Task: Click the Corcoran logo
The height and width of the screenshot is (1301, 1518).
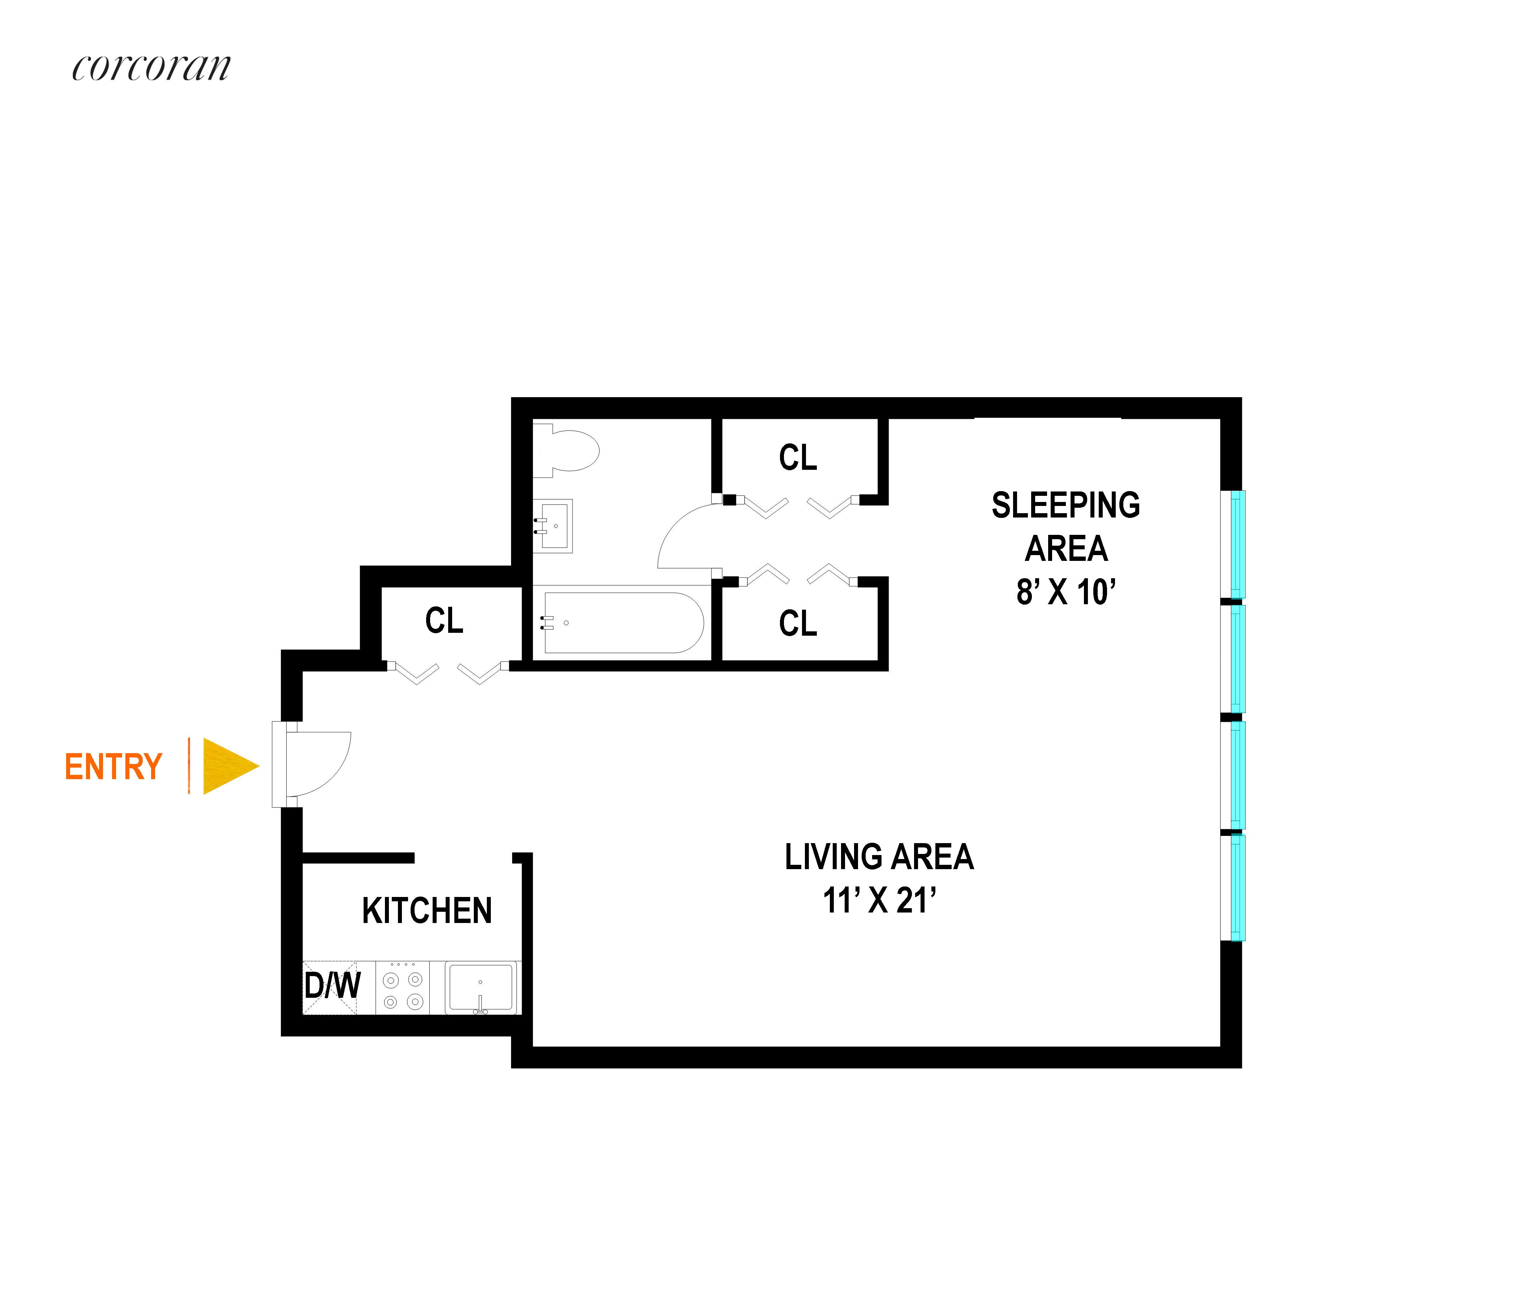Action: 151,68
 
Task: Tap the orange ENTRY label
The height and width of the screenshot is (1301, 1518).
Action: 113,767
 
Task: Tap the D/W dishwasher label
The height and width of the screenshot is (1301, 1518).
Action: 332,986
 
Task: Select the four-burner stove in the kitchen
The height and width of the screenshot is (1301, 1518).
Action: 403,989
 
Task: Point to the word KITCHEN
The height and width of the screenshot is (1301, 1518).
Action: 426,911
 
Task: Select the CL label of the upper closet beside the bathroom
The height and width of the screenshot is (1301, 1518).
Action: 798,458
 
